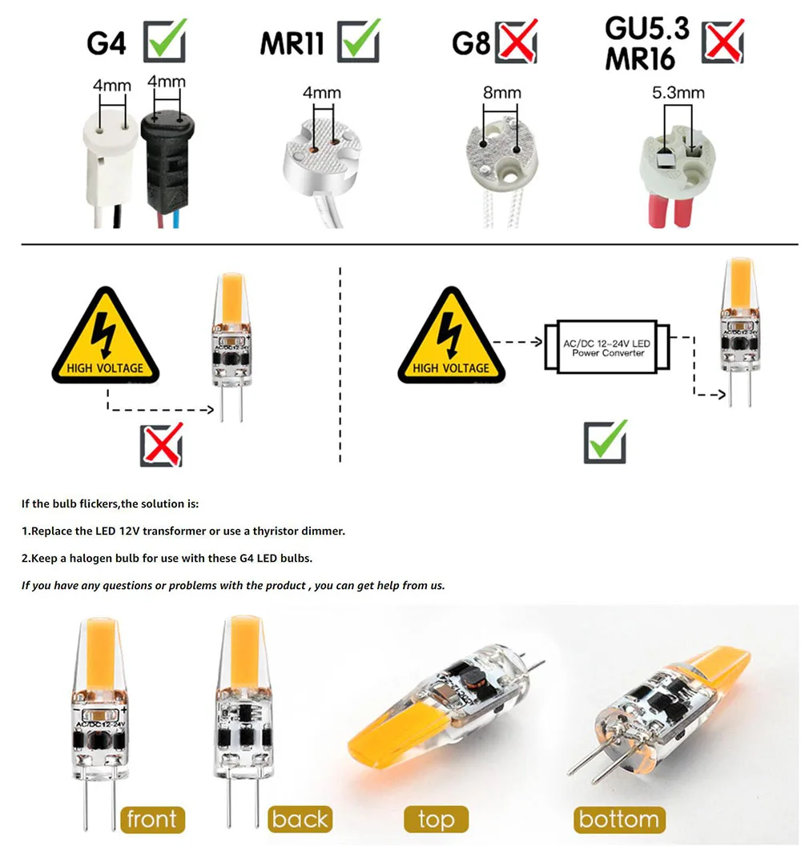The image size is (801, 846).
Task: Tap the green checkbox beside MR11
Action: (x=359, y=41)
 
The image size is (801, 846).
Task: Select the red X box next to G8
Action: (x=517, y=41)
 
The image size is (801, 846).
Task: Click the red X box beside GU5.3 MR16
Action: (x=723, y=41)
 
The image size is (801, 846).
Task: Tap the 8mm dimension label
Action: (x=501, y=93)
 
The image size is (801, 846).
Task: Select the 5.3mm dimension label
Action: (x=678, y=93)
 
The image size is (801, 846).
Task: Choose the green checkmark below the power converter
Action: (x=605, y=441)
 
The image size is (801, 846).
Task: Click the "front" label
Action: (x=151, y=819)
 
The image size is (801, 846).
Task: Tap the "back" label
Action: (x=300, y=819)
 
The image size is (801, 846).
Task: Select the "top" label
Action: (x=436, y=819)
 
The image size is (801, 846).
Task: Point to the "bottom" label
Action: (x=618, y=819)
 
